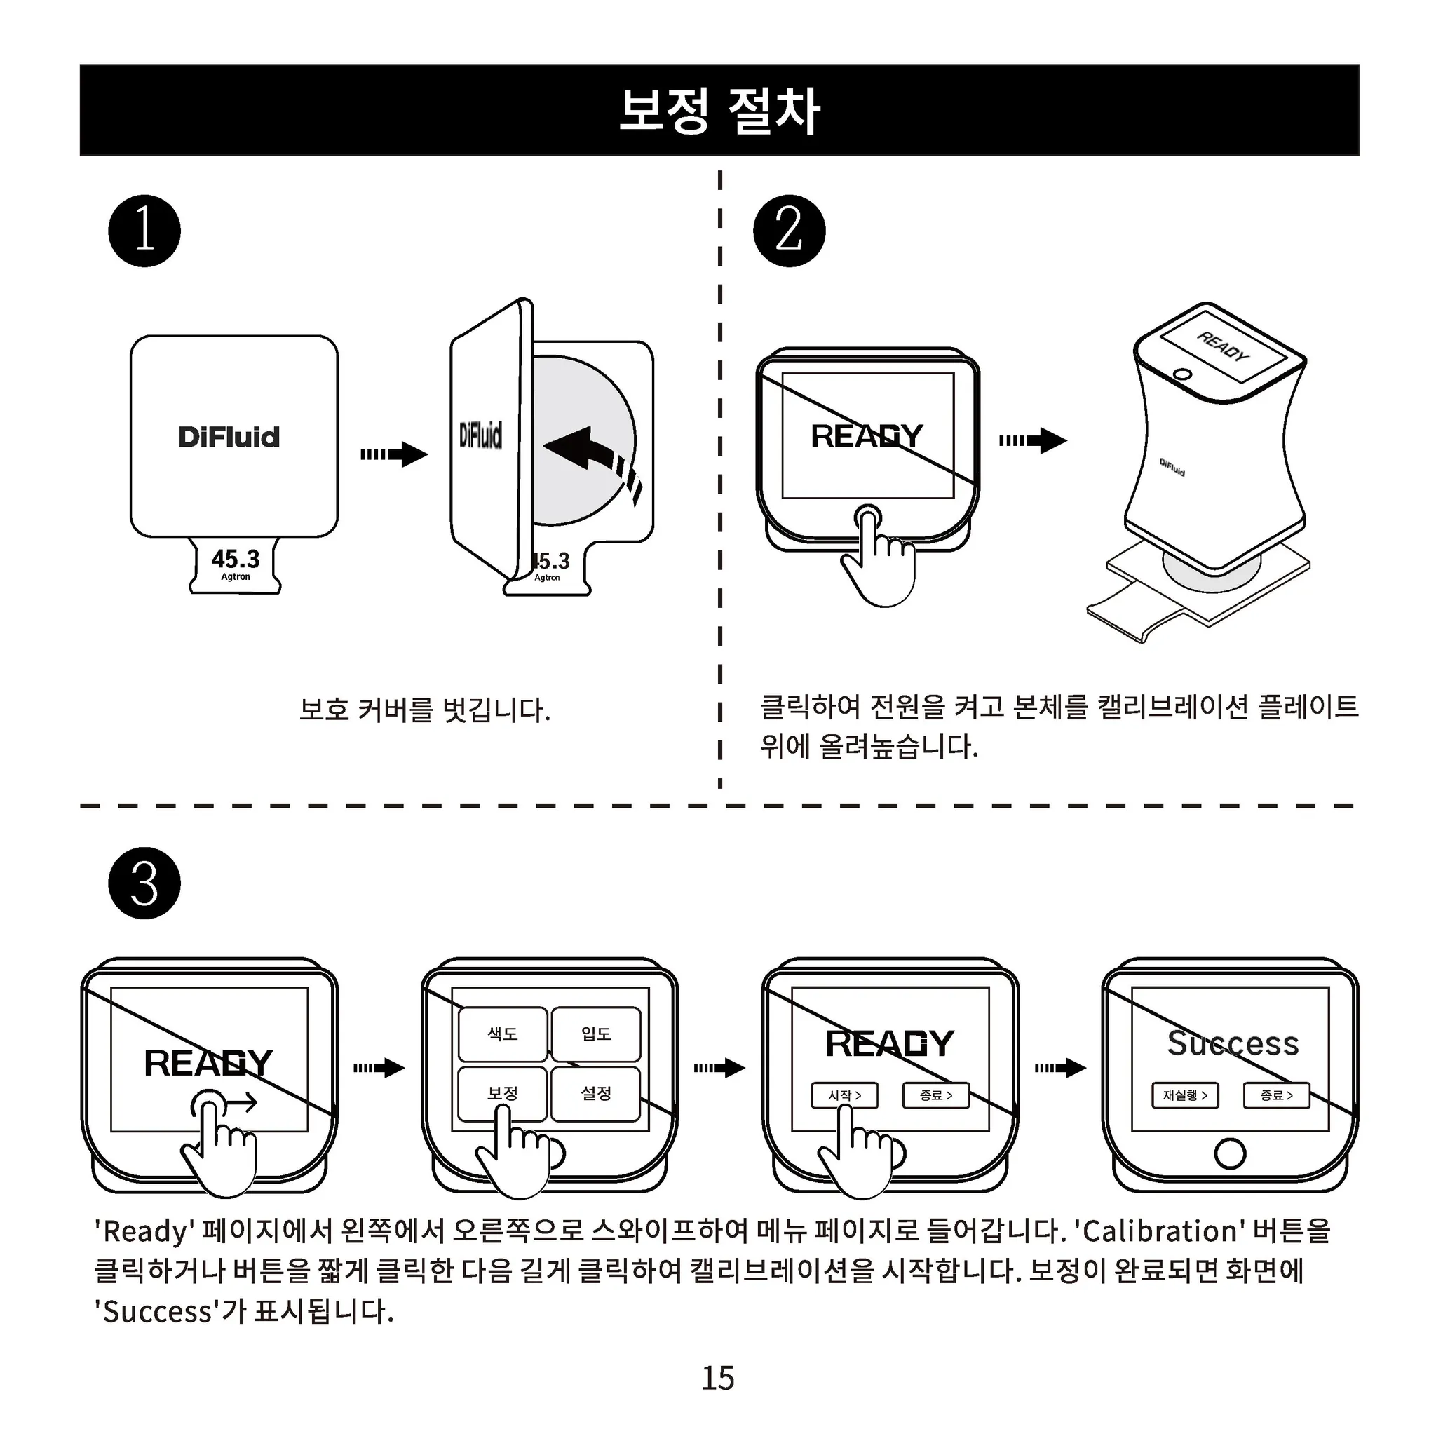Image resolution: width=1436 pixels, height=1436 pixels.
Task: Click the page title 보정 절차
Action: [x=719, y=111]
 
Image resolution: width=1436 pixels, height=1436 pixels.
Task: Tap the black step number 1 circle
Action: [x=144, y=231]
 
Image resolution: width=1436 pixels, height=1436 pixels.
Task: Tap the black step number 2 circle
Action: [x=789, y=231]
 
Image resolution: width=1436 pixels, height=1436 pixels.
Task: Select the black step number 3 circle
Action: [x=144, y=883]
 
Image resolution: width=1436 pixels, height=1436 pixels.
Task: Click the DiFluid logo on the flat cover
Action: [x=229, y=437]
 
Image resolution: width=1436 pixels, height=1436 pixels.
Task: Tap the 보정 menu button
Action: [x=503, y=1093]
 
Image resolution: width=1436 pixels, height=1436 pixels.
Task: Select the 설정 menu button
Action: [x=595, y=1093]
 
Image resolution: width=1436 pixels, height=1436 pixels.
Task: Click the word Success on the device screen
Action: [x=1233, y=1043]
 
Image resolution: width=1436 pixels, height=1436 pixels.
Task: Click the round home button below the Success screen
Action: [x=1229, y=1153]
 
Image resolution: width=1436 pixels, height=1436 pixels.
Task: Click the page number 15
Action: [x=717, y=1379]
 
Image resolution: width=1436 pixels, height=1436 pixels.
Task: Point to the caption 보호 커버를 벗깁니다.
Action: [x=424, y=710]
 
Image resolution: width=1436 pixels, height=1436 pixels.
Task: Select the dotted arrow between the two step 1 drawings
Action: [x=394, y=454]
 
